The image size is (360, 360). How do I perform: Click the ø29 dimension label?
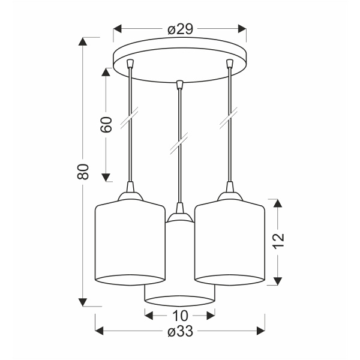(180, 29)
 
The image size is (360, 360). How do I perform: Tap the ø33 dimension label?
(180, 331)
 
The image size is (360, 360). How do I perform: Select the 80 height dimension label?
(83, 172)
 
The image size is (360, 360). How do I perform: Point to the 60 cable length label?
(106, 125)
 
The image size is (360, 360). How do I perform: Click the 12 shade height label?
(278, 241)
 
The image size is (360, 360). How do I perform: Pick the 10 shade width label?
(180, 316)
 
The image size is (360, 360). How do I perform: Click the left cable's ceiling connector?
(130, 64)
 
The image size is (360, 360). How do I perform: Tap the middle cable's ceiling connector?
(179, 85)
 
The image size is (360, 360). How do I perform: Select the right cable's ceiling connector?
(229, 64)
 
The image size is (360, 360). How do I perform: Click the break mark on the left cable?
(130, 118)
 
